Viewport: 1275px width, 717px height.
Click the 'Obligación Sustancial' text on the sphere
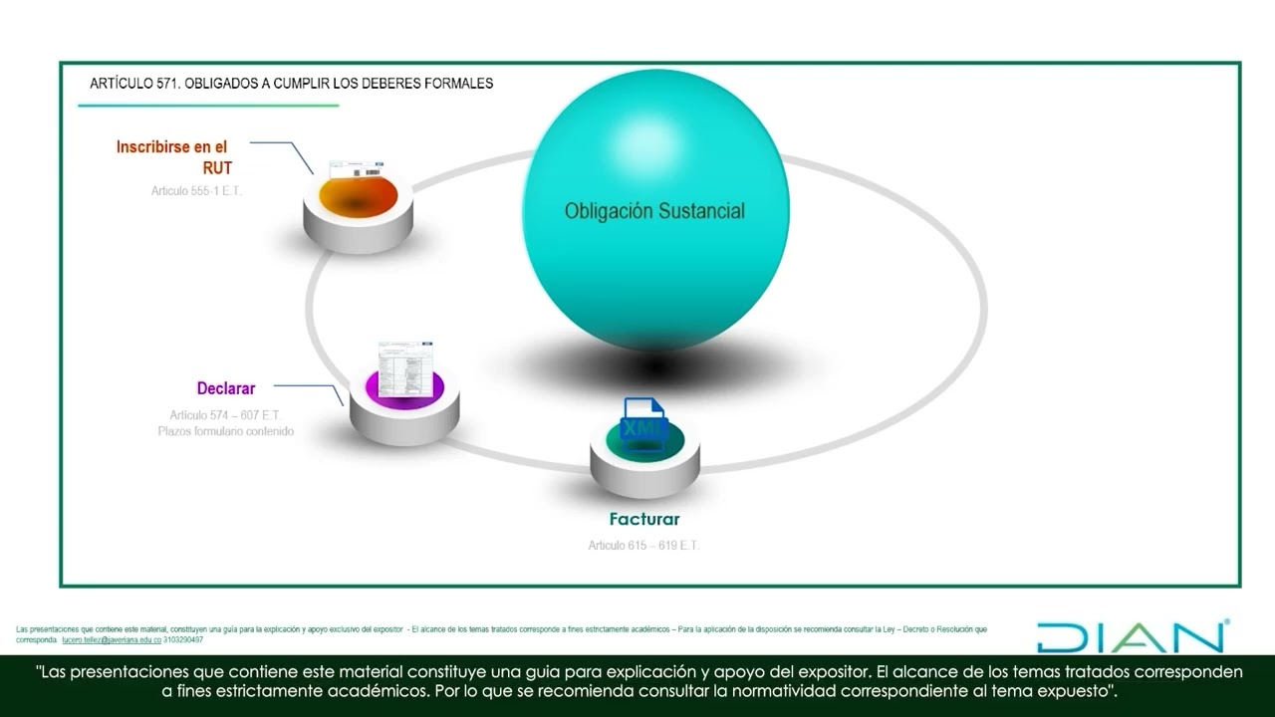click(x=654, y=211)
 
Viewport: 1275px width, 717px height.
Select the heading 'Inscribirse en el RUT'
click(x=172, y=157)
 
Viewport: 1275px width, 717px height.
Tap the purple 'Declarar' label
click(x=226, y=388)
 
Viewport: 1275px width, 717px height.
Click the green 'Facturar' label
click(x=644, y=519)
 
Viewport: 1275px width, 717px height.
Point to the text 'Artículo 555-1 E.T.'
click(x=196, y=189)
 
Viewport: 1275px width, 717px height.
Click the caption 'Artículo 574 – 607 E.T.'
click(x=224, y=414)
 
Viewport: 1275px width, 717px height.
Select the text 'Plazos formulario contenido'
click(x=225, y=431)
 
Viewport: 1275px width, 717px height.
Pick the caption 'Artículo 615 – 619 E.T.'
click(x=643, y=545)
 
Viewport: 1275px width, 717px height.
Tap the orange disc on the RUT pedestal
click(x=358, y=194)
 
